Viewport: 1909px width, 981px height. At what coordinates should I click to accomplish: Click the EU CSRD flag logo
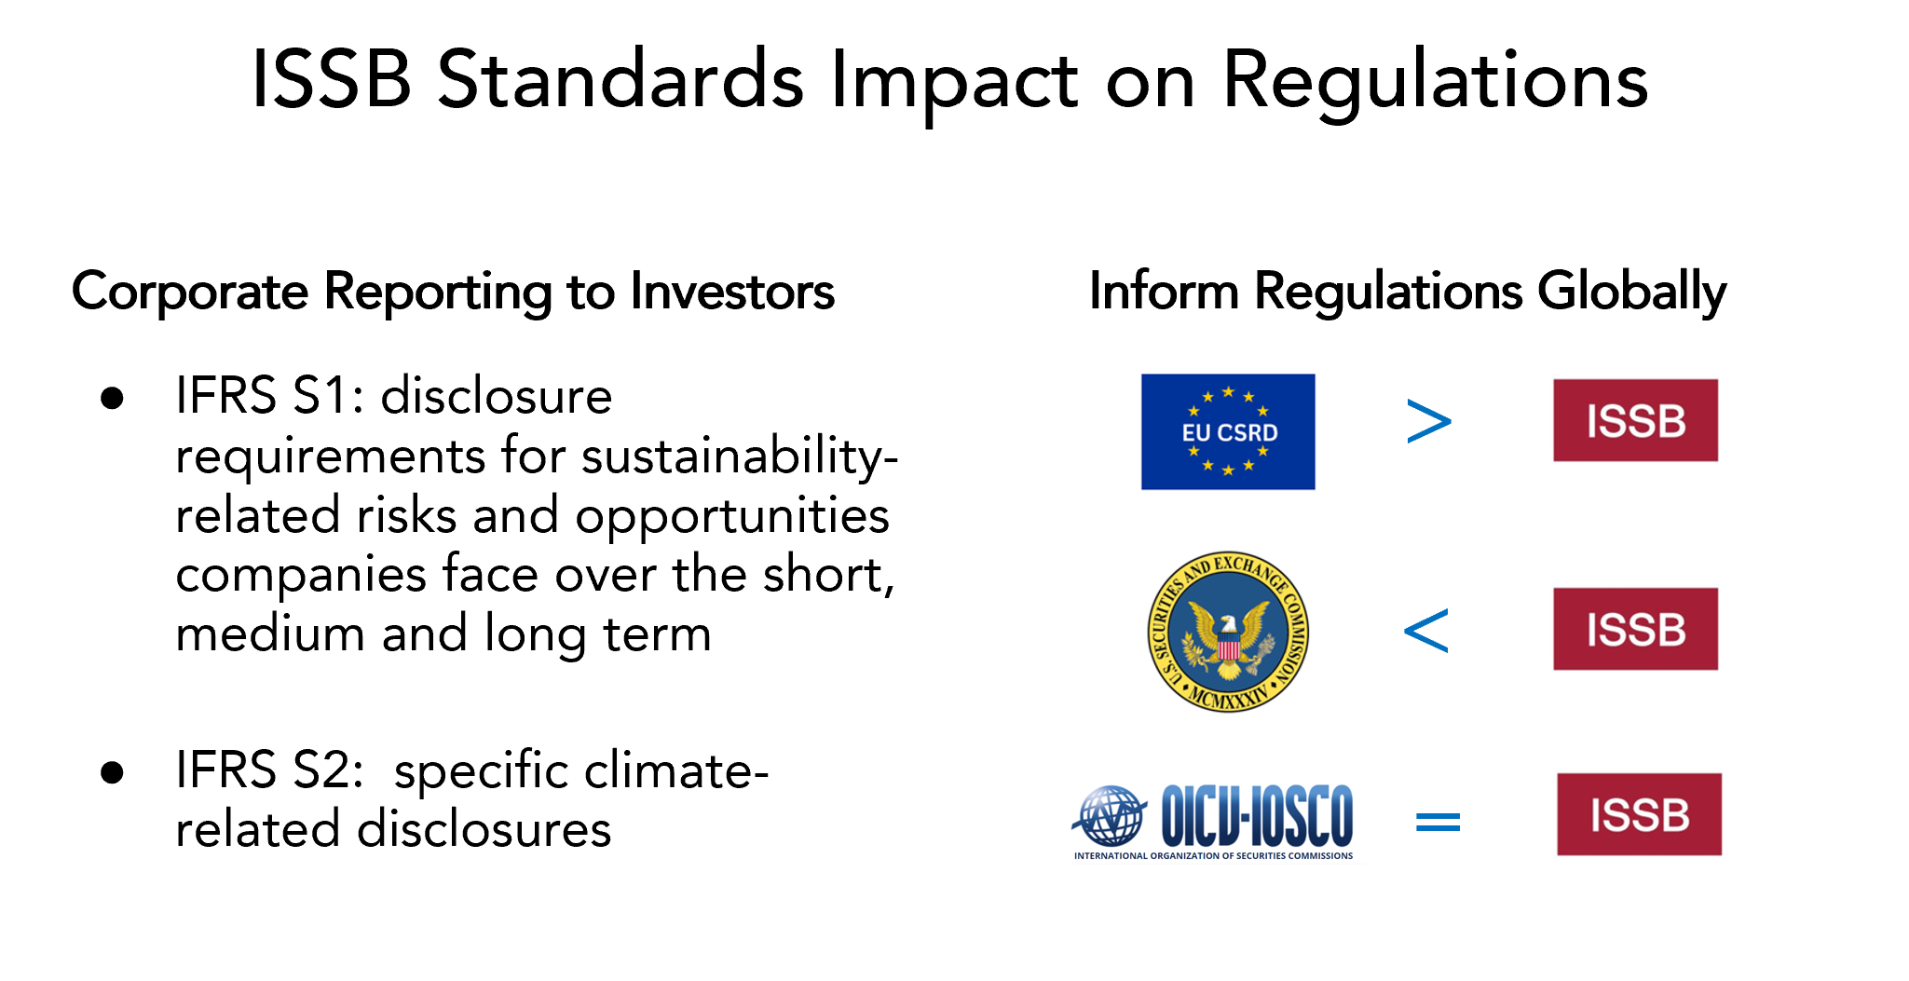coord(1228,431)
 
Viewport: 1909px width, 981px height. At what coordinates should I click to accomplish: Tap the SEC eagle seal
coord(1228,632)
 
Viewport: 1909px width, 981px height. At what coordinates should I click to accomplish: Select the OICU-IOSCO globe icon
coord(1110,816)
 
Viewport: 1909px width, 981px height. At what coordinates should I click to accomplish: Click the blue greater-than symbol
coord(1428,421)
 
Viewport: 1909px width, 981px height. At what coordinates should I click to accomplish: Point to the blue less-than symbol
coord(1425,630)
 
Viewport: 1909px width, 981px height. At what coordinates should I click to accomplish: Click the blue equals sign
coord(1438,821)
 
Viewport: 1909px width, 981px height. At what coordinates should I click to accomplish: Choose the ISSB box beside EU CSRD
coord(1635,420)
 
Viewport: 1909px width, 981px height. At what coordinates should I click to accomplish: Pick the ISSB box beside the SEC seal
coord(1635,629)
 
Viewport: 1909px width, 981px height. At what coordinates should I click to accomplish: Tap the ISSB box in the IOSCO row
coord(1639,814)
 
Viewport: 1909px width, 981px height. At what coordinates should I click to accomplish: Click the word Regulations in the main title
coord(1435,82)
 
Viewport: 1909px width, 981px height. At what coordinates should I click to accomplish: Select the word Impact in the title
coord(954,82)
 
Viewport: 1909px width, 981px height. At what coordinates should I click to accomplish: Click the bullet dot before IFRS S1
coord(113,399)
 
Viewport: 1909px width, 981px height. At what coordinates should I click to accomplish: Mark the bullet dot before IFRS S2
coord(113,772)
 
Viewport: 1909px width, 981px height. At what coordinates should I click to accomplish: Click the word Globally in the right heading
coord(1631,293)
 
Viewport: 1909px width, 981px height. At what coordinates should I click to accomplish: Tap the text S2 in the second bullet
coord(328,770)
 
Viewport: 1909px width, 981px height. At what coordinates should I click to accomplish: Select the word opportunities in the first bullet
coord(732,518)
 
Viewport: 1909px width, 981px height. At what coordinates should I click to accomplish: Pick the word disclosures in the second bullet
coord(484,829)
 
